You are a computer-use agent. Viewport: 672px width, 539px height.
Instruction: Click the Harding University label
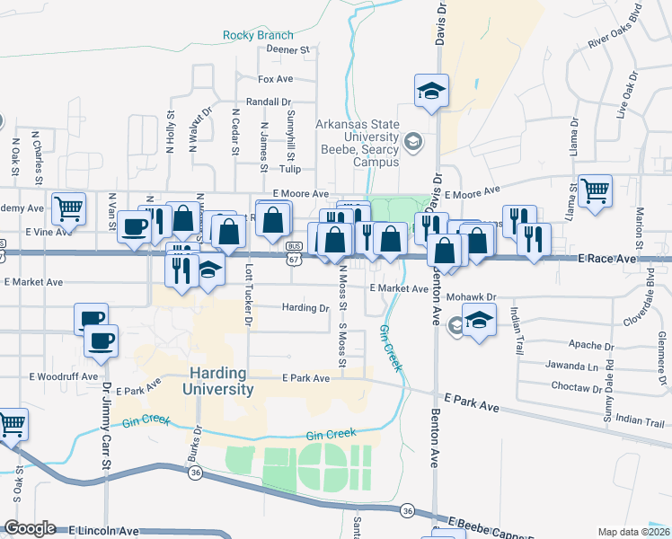pyautogui.click(x=217, y=381)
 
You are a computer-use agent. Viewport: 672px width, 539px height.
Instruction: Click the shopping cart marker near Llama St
pyautogui.click(x=595, y=190)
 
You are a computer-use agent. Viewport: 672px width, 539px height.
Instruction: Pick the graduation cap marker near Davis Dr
pyautogui.click(x=431, y=91)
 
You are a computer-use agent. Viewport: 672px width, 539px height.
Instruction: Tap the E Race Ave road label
pyautogui.click(x=612, y=259)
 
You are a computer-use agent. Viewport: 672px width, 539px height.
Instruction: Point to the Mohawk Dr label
pyautogui.click(x=472, y=296)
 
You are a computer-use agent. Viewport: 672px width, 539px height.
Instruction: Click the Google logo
pyautogui.click(x=30, y=528)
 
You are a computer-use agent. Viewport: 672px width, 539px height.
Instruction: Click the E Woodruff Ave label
pyautogui.click(x=62, y=376)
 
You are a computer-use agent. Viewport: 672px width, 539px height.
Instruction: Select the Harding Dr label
pyautogui.click(x=305, y=307)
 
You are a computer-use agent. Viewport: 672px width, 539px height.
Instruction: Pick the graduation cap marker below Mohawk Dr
pyautogui.click(x=480, y=323)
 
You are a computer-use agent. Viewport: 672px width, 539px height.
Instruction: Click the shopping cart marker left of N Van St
pyautogui.click(x=68, y=208)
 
